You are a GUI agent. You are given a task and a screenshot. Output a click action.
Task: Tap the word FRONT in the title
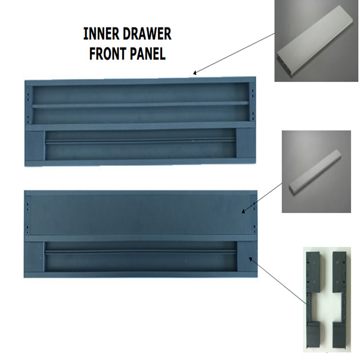(107, 53)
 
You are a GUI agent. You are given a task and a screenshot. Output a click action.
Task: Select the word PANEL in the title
(147, 53)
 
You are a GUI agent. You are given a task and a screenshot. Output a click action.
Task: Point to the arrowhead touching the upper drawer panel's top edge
(195, 73)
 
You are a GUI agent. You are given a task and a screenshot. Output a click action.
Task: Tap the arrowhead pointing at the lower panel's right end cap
(251, 259)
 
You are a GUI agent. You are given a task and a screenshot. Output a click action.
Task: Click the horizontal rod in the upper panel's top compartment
(141, 105)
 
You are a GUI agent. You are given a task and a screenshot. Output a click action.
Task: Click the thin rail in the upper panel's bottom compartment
(141, 141)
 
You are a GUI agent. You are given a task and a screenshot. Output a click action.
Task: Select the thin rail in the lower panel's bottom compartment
(141, 253)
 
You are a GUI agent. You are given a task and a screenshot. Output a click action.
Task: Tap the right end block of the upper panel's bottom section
(246, 143)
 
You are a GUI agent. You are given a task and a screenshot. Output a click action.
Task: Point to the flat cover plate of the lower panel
(141, 215)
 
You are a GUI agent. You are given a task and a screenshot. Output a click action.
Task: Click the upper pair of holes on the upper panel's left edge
(28, 96)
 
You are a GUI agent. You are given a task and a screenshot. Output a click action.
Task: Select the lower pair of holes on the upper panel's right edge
(253, 116)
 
